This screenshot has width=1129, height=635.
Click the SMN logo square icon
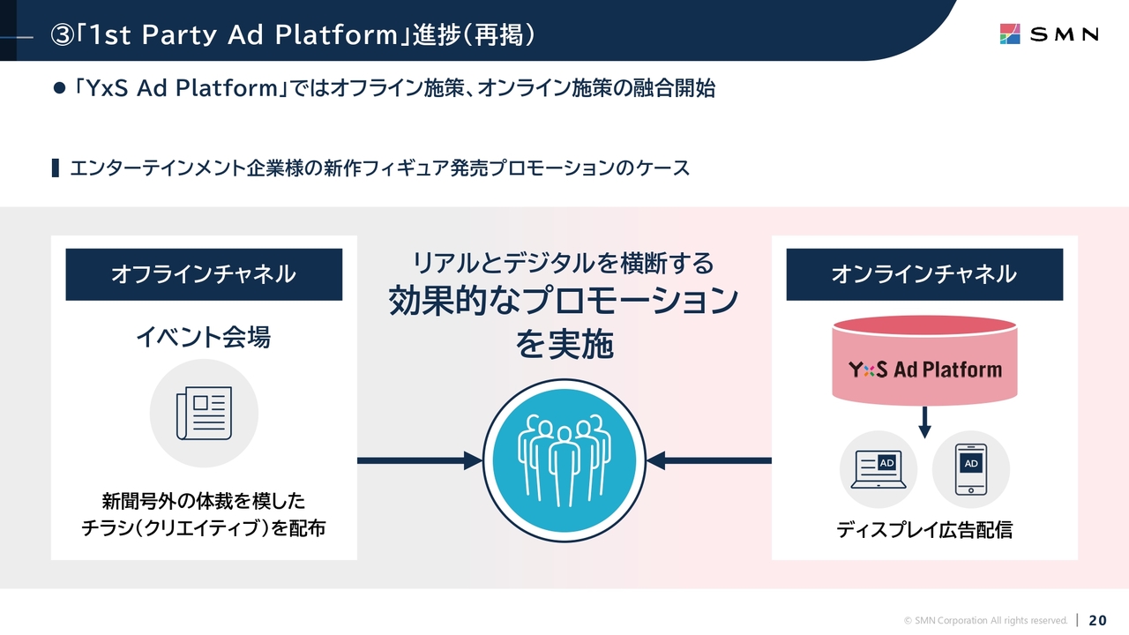click(x=1010, y=34)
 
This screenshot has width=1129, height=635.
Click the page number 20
click(x=1098, y=620)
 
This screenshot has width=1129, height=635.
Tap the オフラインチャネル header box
click(x=204, y=274)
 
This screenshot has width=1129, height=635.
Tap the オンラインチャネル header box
click(x=924, y=274)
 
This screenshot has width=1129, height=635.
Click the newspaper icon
click(x=204, y=414)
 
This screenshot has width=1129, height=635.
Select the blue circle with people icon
click(x=564, y=460)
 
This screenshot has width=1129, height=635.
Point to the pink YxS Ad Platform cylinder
click(x=924, y=361)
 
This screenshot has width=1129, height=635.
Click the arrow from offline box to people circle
click(x=420, y=460)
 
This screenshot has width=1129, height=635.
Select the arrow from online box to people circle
click(x=708, y=460)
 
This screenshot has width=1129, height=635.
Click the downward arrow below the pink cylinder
click(x=924, y=422)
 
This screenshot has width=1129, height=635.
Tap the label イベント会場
click(x=204, y=337)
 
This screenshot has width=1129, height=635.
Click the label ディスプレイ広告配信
click(x=924, y=530)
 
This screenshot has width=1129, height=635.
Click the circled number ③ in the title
click(x=63, y=35)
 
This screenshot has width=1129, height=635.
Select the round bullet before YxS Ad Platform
click(x=59, y=88)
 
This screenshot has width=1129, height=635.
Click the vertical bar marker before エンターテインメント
click(x=56, y=168)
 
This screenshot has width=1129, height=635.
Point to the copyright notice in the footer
click(x=986, y=620)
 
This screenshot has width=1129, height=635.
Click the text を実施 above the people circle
click(x=564, y=344)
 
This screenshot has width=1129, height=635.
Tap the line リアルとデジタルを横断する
click(x=564, y=263)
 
